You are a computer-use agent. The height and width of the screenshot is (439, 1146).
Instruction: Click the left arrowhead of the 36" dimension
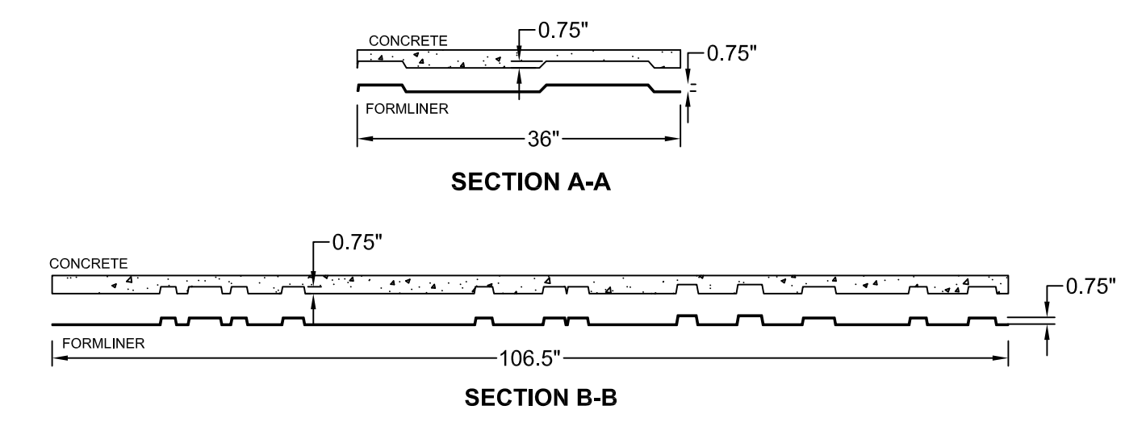coord(363,139)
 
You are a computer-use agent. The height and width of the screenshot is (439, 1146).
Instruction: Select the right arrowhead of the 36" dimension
coord(674,139)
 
